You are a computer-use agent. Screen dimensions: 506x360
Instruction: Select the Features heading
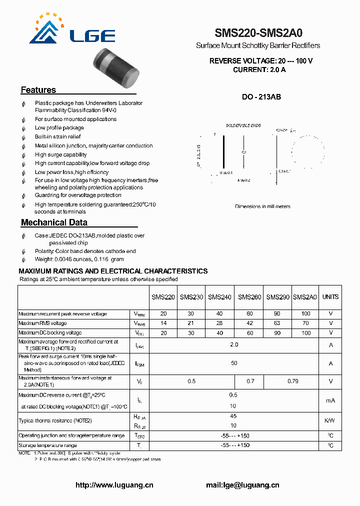tap(38, 90)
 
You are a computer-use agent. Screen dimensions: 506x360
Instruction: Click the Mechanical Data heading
tap(54, 222)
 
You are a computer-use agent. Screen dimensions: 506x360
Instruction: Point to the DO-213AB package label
tap(261, 97)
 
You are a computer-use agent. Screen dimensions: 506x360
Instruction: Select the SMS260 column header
tap(249, 297)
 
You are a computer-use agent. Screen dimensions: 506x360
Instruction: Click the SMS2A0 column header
tap(305, 297)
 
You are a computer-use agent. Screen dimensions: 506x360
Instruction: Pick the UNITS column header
tap(330, 297)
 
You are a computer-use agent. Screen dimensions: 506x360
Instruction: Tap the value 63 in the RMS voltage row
tap(277, 323)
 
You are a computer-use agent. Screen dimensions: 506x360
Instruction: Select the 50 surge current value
tap(234, 363)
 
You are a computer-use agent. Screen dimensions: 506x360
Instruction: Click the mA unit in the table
tap(330, 400)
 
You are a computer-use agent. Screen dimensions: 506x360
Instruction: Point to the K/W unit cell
tap(330, 420)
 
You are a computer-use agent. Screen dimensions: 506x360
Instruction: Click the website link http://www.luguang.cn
tap(114, 485)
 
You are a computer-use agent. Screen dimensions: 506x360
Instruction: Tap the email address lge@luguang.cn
tap(242, 485)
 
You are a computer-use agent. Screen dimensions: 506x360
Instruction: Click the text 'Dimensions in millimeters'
tap(262, 206)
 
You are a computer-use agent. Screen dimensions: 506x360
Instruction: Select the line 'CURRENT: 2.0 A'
tap(259, 70)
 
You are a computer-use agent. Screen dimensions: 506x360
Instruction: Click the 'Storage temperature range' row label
tap(48, 445)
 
